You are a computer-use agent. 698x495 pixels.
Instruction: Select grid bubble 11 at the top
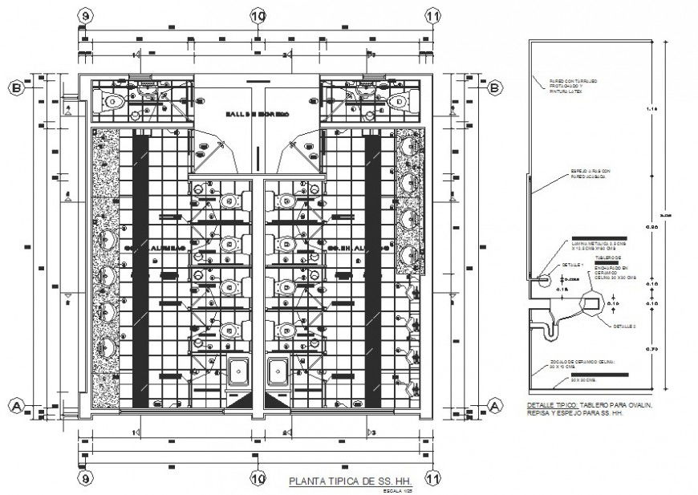pos(433,15)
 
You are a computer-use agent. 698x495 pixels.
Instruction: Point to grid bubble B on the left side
pos(15,87)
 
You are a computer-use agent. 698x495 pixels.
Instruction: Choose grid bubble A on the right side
pos(495,405)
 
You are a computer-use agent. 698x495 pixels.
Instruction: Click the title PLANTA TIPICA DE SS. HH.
pos(338,482)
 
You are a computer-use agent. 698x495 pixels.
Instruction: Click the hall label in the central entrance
pos(257,115)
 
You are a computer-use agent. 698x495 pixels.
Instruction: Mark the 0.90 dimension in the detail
pos(651,229)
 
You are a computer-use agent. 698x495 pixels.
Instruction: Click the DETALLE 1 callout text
pos(570,264)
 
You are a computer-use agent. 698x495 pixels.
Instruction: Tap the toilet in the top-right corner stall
pos(399,101)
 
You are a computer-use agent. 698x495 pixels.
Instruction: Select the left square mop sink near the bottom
pos(238,371)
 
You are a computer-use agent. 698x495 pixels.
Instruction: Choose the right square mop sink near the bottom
pos(278,371)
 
